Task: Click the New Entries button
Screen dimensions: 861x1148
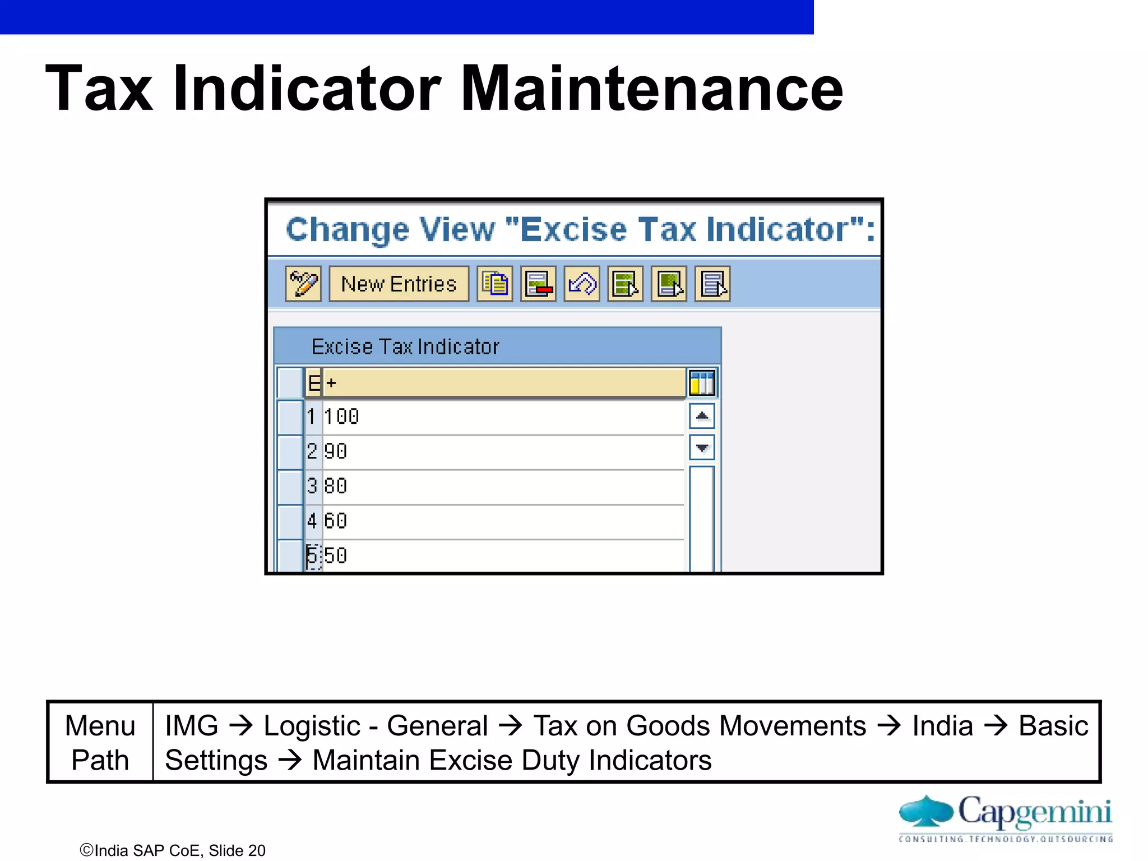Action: coord(399,284)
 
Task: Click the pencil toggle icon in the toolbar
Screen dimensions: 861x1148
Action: coord(303,284)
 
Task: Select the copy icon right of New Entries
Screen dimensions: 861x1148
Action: coord(494,284)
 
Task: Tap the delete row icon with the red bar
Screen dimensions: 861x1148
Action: coord(538,284)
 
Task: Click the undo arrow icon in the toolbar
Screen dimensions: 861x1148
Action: coord(582,284)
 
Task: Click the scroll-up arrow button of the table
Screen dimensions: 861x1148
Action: coord(702,416)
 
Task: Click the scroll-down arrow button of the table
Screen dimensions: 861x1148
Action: coord(702,447)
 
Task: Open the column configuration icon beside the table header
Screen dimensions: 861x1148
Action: coord(702,383)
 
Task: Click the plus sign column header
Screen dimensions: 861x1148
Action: coord(503,383)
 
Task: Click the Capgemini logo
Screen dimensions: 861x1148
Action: coord(1006,816)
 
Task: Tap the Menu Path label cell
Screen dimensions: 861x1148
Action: coord(100,742)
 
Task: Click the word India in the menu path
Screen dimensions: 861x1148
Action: coord(942,726)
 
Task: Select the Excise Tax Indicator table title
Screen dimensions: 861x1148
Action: coord(405,347)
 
